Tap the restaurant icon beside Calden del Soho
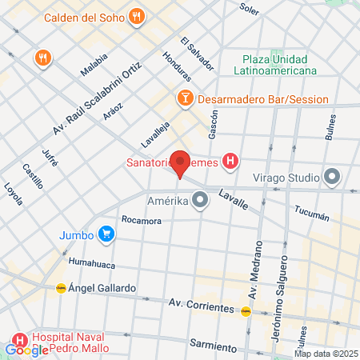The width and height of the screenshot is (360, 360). click(x=138, y=16)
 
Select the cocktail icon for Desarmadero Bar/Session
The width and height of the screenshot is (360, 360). click(x=185, y=98)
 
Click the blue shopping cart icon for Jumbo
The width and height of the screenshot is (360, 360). click(x=106, y=234)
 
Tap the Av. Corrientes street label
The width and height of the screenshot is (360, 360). click(x=202, y=306)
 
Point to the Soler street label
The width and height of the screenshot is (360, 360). click(x=249, y=8)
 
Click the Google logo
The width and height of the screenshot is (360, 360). click(x=26, y=350)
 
